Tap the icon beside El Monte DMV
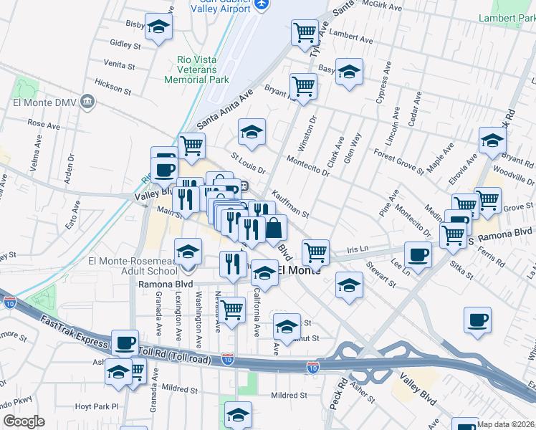point(88,101)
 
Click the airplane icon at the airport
point(262,5)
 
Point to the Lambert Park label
point(508,17)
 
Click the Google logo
point(23,421)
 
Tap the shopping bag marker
point(274,228)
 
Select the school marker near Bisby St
point(159,27)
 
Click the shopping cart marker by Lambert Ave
point(305,32)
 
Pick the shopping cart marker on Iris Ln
point(315,252)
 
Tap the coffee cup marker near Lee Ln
point(418,254)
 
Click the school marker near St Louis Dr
point(252,132)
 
